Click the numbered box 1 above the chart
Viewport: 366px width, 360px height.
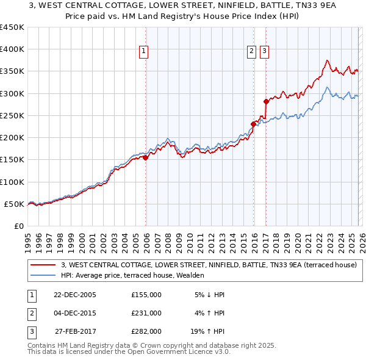pos(143,52)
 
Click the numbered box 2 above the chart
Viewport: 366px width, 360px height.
pos(251,52)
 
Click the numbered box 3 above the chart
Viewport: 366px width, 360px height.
pos(264,52)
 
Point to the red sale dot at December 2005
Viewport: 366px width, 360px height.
pos(146,157)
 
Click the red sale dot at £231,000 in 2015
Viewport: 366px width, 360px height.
pos(253,124)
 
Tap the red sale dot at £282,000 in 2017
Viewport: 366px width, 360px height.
pos(266,101)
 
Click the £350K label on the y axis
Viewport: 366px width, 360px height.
pos(12,71)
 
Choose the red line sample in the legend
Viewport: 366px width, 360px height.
pos(43,265)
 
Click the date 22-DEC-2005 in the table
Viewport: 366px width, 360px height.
pos(75,295)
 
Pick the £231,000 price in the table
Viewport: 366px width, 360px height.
pos(146,313)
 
